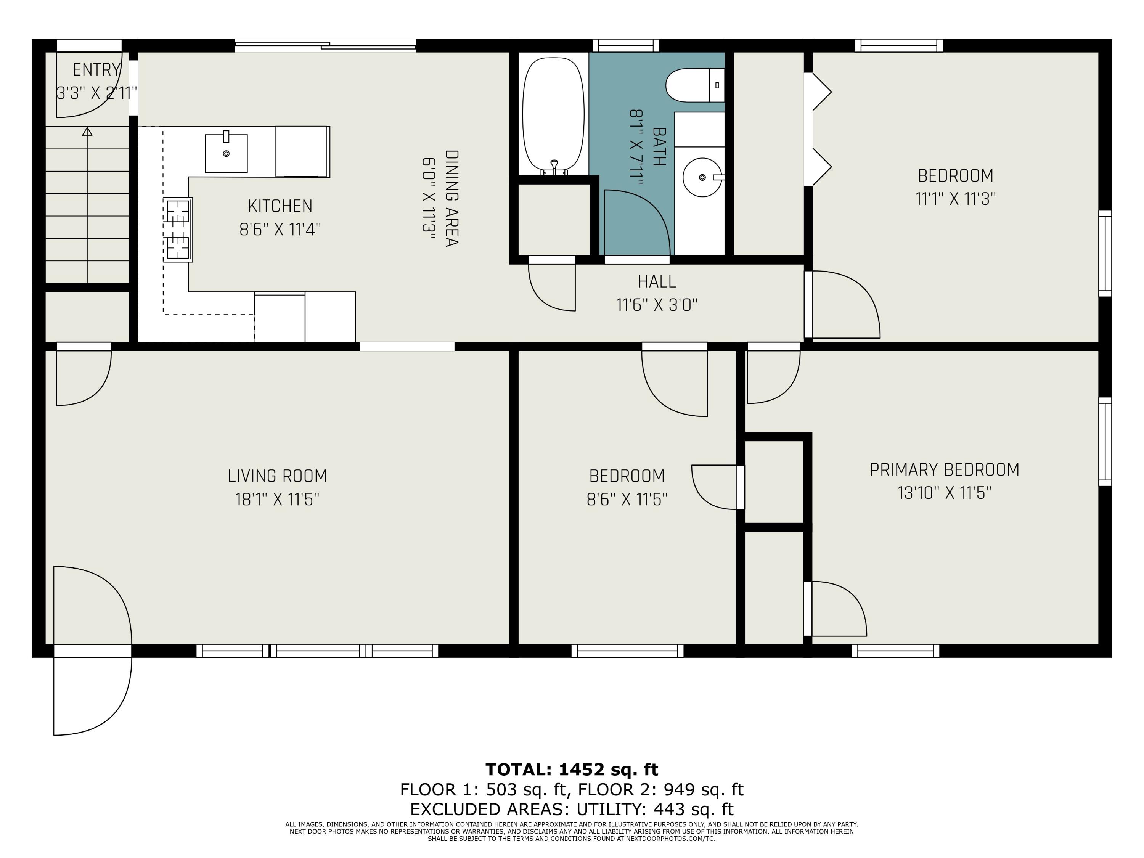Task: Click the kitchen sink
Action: [226, 153]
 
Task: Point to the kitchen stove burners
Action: [178, 230]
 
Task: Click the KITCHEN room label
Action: [280, 206]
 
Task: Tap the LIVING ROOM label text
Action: [277, 476]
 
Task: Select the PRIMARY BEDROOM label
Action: [944, 469]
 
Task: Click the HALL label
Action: [657, 281]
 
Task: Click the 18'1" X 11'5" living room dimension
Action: [277, 499]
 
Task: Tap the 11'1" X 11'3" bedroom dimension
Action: [955, 199]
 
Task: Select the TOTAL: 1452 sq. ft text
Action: [572, 770]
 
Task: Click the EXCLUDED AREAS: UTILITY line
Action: [572, 809]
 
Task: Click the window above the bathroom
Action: [626, 45]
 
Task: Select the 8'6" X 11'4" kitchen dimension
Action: [280, 229]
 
